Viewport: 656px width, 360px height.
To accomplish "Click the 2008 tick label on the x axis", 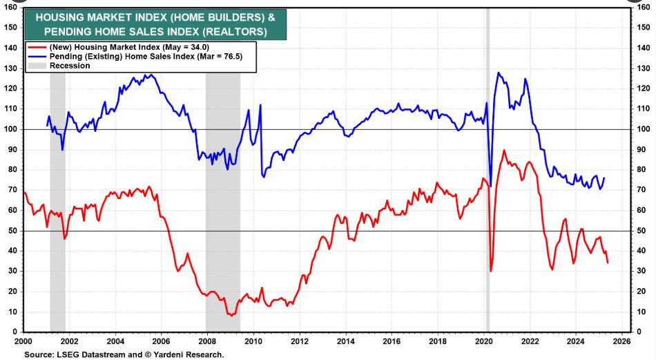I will click(207, 341).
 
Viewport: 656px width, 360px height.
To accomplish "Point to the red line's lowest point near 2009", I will click(230, 315).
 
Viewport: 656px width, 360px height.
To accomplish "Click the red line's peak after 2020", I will click(504, 150).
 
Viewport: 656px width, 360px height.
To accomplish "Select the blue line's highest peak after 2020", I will click(499, 73).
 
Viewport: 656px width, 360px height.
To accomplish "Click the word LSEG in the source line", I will click(69, 354).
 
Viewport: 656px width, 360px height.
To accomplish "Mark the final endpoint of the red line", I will click(608, 263).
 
